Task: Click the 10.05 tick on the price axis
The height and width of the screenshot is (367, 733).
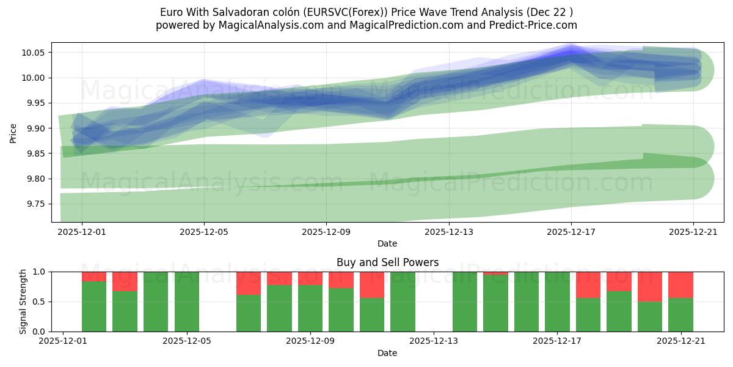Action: pyautogui.click(x=34, y=53)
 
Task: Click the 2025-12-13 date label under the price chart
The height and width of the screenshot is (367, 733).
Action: pyautogui.click(x=448, y=232)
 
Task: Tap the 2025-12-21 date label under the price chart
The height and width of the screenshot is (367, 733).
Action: pyautogui.click(x=693, y=232)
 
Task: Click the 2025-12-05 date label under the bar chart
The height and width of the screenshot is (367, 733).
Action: pyautogui.click(x=187, y=341)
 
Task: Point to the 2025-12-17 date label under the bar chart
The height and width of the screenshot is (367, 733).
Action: pyautogui.click(x=557, y=341)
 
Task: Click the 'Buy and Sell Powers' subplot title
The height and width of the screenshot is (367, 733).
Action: pyautogui.click(x=387, y=262)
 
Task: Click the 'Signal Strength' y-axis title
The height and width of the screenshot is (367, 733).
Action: pyautogui.click(x=23, y=302)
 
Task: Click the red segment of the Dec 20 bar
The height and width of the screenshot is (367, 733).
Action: pyautogui.click(x=649, y=286)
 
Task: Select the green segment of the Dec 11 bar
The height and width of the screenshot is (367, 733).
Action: pyautogui.click(x=372, y=314)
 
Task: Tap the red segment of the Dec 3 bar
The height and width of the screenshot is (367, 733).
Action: pyautogui.click(x=125, y=281)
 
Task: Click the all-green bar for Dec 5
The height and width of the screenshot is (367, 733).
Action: pyautogui.click(x=187, y=302)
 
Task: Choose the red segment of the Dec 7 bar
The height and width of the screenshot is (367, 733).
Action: pyautogui.click(x=249, y=283)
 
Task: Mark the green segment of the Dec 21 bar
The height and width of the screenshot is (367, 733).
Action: pyautogui.click(x=680, y=314)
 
